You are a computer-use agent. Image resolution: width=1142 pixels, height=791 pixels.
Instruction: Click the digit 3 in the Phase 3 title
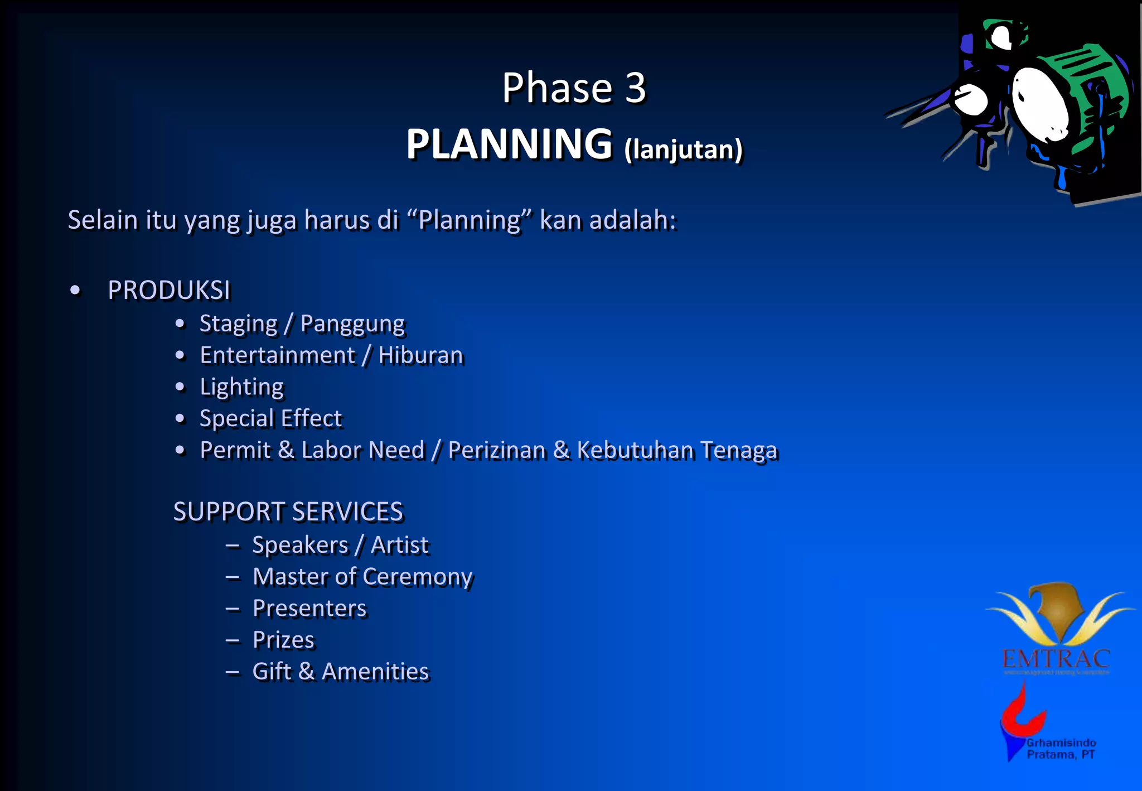point(635,88)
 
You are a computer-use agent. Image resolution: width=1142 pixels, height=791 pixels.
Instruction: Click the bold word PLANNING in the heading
point(509,144)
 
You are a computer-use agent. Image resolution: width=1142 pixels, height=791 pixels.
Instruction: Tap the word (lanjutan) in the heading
point(683,149)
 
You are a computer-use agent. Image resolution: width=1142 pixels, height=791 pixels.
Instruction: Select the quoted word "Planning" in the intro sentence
point(470,220)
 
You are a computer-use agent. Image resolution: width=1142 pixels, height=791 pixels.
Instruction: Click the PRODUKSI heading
point(169,290)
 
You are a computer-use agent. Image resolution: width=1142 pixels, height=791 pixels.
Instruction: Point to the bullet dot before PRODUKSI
point(75,291)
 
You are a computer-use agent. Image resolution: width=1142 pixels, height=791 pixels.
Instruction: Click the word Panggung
point(352,324)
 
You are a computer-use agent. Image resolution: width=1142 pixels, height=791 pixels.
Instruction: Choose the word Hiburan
point(420,355)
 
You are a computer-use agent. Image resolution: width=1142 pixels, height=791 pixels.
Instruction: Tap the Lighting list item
point(241,387)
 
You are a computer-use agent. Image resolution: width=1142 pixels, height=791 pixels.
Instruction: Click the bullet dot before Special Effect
point(180,418)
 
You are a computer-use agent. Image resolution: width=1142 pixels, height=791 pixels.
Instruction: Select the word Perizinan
point(497,450)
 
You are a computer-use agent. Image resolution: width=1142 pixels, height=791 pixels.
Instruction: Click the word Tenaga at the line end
point(738,450)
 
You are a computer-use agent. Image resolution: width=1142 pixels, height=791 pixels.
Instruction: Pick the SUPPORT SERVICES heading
point(288,512)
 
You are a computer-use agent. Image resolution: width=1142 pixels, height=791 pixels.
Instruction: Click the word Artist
point(399,545)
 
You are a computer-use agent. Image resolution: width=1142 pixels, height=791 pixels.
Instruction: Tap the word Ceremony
point(418,577)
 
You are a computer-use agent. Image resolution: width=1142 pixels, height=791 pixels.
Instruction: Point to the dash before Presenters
point(233,609)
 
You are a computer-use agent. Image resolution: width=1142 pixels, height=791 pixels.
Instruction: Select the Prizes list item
point(283,640)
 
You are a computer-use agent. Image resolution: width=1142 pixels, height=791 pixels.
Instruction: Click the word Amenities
point(375,672)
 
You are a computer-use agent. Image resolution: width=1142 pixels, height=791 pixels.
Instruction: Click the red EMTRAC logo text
point(1056,659)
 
